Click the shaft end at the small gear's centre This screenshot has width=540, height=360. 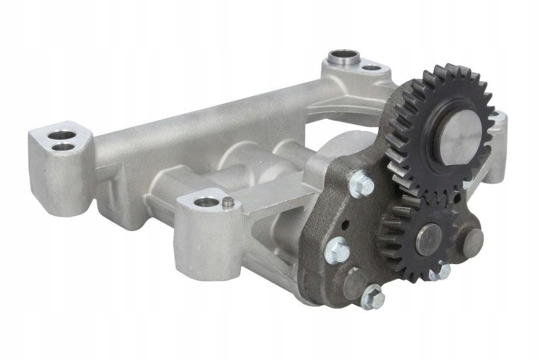coord(428,239)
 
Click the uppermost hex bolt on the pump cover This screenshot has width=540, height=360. coord(362,184)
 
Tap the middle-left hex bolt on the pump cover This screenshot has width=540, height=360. coord(337,253)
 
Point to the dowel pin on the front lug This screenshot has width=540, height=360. coord(228,201)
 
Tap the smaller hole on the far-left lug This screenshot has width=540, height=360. coord(64,147)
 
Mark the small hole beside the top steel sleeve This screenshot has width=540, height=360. coord(371,67)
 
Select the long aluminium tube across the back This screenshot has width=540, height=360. coord(202,128)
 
